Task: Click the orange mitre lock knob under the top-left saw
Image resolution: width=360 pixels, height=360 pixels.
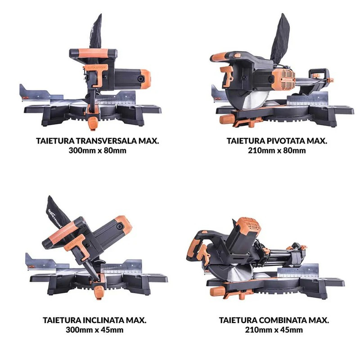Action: [x=93, y=123]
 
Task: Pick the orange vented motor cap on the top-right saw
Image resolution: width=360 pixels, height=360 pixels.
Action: [x=283, y=79]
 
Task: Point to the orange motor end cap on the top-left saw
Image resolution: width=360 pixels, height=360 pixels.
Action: [x=145, y=79]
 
